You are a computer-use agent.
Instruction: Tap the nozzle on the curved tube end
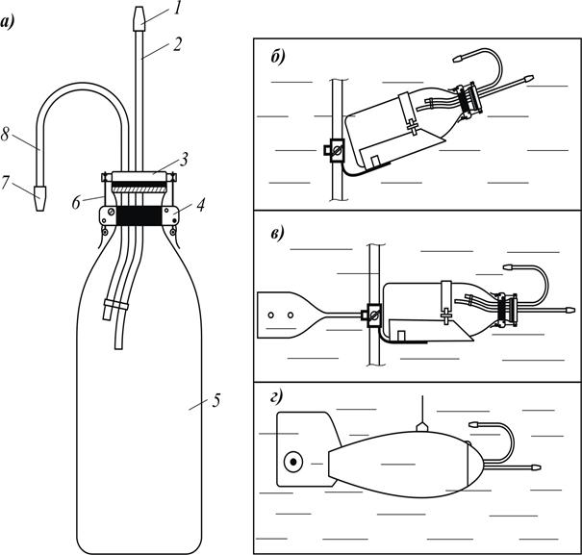click(x=38, y=197)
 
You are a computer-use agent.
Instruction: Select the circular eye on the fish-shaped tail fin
click(x=290, y=463)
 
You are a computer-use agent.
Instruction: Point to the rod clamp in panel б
click(x=337, y=151)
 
